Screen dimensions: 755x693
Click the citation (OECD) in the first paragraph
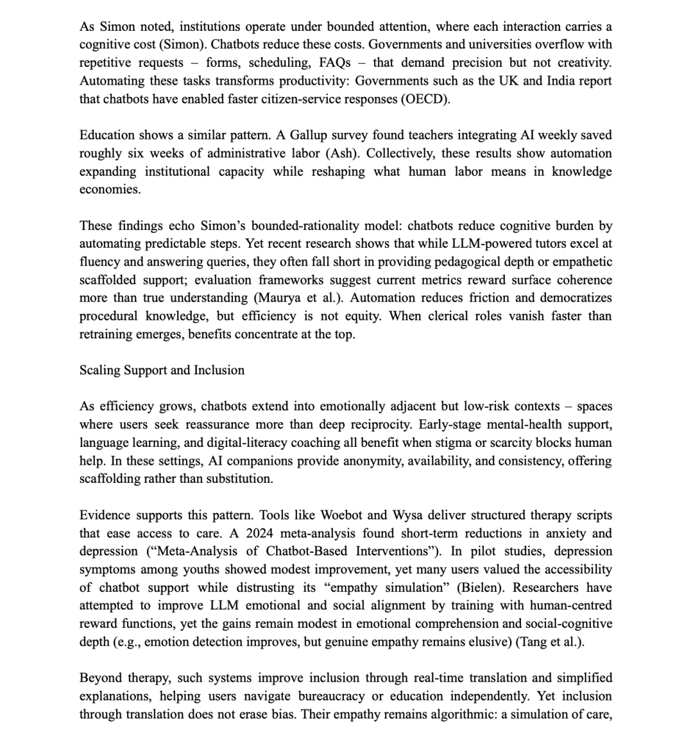coord(425,99)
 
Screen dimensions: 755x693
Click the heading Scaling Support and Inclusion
coord(162,370)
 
